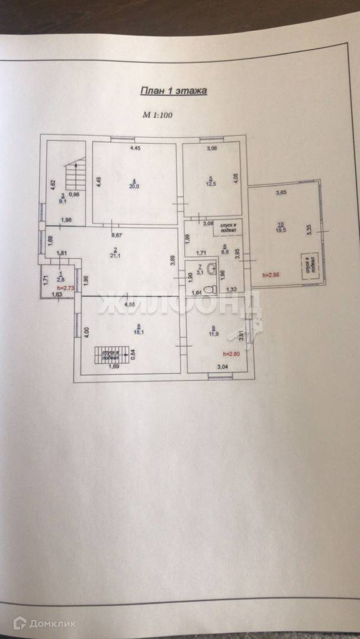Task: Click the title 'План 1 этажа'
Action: [173, 91]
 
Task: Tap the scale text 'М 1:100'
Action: [156, 116]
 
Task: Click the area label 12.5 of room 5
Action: [210, 183]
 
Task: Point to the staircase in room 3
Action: [74, 176]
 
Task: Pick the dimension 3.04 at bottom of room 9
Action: [223, 367]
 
